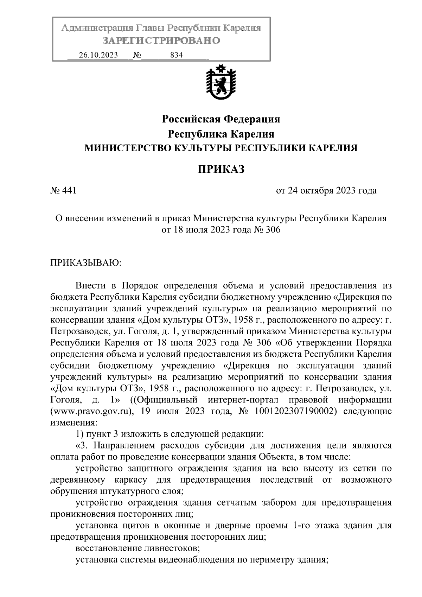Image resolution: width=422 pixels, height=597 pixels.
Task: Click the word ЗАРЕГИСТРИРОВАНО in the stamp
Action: pos(161,41)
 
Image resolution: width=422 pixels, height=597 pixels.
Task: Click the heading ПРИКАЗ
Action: pos(220,170)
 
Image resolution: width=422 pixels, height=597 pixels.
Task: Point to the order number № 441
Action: pos(64,191)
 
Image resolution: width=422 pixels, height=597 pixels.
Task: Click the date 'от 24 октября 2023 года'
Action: pos(326,191)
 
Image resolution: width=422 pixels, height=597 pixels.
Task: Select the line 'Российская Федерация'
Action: pos(220,119)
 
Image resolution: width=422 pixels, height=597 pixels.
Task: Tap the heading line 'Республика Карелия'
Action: pos(220,134)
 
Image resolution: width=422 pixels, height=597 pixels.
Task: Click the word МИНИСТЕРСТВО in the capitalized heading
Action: pos(125,148)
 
